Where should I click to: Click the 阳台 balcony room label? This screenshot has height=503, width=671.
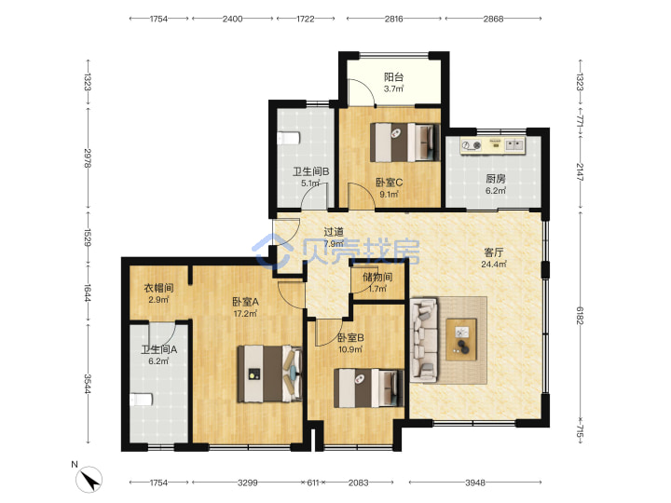tap(393, 77)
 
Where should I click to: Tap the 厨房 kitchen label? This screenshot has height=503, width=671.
tap(496, 179)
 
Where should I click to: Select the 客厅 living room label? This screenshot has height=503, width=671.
tap(493, 252)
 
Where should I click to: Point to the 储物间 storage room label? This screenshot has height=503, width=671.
tap(377, 277)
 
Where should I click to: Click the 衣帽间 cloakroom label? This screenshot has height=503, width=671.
tap(158, 288)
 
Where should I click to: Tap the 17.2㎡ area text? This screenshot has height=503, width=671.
tap(245, 314)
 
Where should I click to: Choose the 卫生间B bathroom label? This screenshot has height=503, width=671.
tap(310, 171)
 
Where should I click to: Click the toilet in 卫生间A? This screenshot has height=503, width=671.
tap(142, 400)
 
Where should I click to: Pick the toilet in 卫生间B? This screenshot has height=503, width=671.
tap(288, 139)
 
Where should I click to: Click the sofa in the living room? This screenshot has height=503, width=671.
tap(424, 340)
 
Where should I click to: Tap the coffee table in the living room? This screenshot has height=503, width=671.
tap(461, 340)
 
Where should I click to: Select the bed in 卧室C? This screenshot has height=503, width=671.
tap(404, 143)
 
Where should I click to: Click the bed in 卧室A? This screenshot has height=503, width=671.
tap(269, 374)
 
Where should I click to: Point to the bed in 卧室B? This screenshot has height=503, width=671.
tap(368, 387)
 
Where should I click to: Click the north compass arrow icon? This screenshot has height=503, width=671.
tap(89, 480)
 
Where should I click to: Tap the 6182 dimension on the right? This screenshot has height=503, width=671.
tap(580, 315)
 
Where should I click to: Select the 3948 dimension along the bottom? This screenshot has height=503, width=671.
tap(475, 483)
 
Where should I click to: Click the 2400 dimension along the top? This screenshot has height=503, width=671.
tap(232, 19)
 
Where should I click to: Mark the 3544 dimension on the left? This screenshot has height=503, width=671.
tap(88, 384)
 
